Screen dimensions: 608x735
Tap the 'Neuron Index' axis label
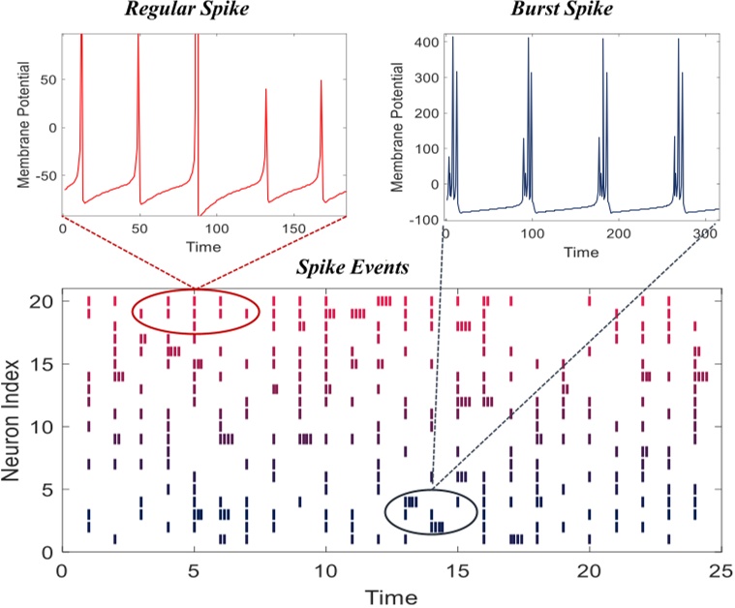[17, 420]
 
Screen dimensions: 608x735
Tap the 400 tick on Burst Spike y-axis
[424, 43]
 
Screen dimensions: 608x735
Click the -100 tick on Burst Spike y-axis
[423, 219]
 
